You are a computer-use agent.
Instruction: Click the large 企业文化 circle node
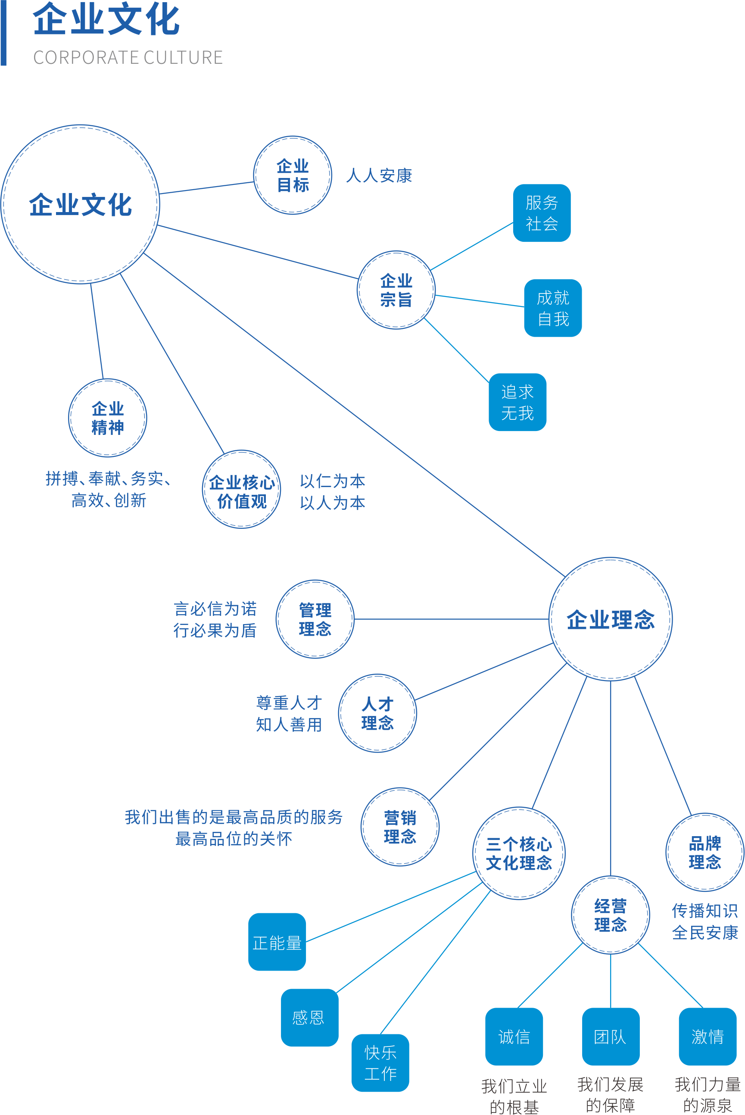tap(80, 204)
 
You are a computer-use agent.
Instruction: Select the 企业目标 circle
tap(293, 175)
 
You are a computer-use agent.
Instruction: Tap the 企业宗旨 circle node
tap(396, 290)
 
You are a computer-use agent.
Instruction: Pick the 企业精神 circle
tap(107, 418)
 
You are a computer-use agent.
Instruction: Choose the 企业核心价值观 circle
tap(241, 490)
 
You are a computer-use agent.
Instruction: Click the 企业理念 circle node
tap(611, 619)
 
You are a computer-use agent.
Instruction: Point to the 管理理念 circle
tap(315, 619)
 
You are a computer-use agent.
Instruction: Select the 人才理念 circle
tap(377, 713)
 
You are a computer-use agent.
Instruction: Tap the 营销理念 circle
tap(400, 827)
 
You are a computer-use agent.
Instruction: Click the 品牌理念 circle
tap(704, 852)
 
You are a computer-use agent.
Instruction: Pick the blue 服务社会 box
tap(542, 213)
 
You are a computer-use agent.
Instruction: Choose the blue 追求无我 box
tap(517, 402)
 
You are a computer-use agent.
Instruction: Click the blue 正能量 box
tap(277, 942)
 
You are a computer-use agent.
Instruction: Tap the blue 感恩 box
tap(309, 1018)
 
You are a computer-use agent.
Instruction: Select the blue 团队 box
tap(611, 1037)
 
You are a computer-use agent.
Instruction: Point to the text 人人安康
tap(379, 175)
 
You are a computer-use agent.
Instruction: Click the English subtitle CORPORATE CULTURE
tap(128, 57)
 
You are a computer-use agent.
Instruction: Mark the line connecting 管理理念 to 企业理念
tap(452, 619)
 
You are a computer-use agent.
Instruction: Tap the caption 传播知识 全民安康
tap(704, 921)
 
